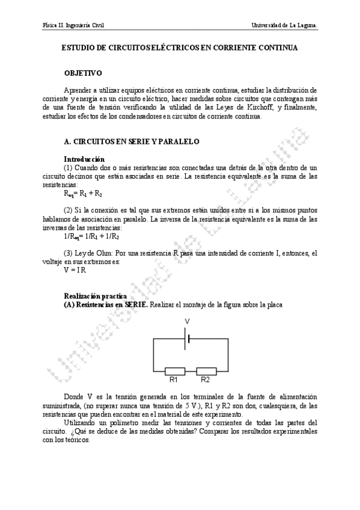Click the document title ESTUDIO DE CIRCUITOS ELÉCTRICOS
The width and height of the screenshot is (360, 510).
[x=180, y=46]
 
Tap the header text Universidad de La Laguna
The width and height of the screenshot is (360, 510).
[x=285, y=26]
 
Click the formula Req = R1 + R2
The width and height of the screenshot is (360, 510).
[x=82, y=194]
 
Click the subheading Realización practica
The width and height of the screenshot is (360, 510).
[x=94, y=296]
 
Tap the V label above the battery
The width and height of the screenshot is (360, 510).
[x=187, y=321]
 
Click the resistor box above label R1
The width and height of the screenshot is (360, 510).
[x=174, y=370]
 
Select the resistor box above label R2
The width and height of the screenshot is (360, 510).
[x=206, y=370]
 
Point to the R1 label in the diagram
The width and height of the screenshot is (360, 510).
[x=174, y=380]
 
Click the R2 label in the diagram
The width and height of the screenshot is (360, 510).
[x=206, y=380]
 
